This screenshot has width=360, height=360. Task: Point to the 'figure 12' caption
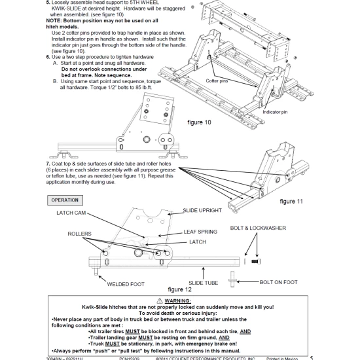[180, 289]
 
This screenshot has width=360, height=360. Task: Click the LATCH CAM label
[73, 213]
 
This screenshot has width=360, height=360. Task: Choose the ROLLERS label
[79, 232]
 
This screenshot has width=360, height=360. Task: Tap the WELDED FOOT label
[126, 284]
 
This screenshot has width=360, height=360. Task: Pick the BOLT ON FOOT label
[278, 282]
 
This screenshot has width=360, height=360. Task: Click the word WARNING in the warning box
[183, 299]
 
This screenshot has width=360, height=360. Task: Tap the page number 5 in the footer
[311, 357]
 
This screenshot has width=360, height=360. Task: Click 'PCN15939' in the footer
[131, 357]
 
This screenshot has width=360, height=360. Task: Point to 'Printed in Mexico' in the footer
[279, 357]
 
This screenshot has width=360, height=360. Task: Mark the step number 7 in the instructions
[48, 162]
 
